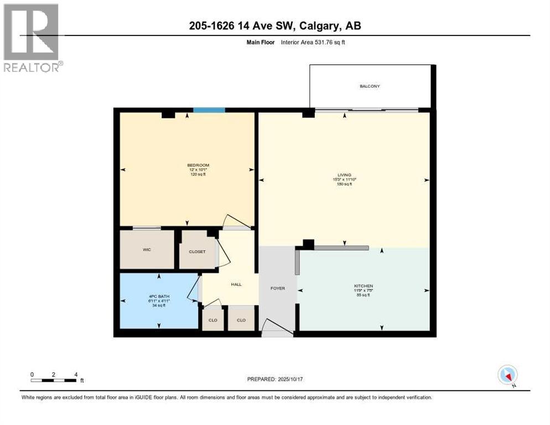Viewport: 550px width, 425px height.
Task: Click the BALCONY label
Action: click(370, 86)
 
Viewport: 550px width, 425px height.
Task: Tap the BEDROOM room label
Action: click(198, 165)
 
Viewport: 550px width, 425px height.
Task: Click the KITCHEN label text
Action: click(364, 286)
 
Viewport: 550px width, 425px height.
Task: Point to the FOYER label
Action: click(277, 288)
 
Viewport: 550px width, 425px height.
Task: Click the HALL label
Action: click(236, 284)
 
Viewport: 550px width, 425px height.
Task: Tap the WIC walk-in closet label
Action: click(147, 250)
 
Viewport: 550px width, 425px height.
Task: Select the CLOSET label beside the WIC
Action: click(197, 252)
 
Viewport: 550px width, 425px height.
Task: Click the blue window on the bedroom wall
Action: click(209, 110)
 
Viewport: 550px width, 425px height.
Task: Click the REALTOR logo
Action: click(32, 38)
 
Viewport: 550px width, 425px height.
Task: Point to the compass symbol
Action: click(507, 375)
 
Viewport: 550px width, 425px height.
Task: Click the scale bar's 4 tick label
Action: click(76, 374)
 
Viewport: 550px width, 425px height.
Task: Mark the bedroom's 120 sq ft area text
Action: click(198, 175)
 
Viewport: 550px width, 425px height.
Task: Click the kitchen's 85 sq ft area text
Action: click(364, 295)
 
